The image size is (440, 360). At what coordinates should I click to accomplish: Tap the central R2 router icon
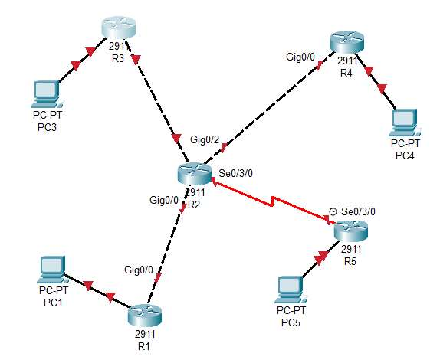click(x=195, y=174)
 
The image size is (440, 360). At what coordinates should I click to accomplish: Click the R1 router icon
click(x=145, y=315)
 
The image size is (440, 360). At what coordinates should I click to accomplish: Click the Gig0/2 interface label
click(x=205, y=139)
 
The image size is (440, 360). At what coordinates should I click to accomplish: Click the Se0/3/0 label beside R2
click(x=236, y=174)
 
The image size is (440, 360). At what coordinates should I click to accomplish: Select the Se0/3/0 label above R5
click(x=358, y=211)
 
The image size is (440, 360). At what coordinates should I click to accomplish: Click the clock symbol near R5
click(x=332, y=211)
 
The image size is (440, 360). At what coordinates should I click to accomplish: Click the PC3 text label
click(x=47, y=126)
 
